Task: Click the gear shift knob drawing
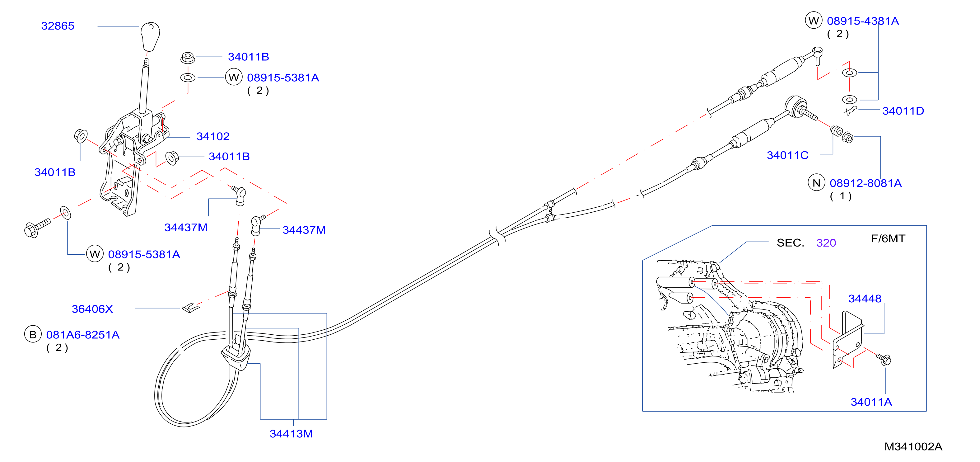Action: pyautogui.click(x=150, y=36)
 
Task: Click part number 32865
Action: pyautogui.click(x=58, y=26)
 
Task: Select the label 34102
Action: pyautogui.click(x=213, y=136)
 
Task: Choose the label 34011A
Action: pyautogui.click(x=871, y=402)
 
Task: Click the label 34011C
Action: pyautogui.click(x=787, y=155)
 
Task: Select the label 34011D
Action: pyautogui.click(x=903, y=111)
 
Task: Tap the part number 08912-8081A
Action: pyautogui.click(x=866, y=183)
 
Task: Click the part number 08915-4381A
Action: pyautogui.click(x=863, y=21)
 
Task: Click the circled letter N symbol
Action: pyautogui.click(x=816, y=183)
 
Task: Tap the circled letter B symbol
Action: pyautogui.click(x=33, y=334)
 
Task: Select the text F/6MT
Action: pyautogui.click(x=888, y=238)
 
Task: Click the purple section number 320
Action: pyautogui.click(x=826, y=243)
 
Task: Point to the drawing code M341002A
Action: pyautogui.click(x=913, y=446)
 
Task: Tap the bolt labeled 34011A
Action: pyautogui.click(x=884, y=359)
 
